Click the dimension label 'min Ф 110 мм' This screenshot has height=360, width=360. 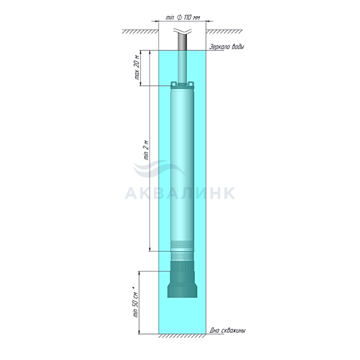[183, 18]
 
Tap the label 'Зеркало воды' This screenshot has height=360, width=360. [227, 47]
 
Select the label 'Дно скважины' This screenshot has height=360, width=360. [227, 331]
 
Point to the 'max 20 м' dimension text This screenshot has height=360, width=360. [137, 67]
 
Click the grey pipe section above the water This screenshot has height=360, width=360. [183, 43]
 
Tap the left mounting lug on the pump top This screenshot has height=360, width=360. [174, 84]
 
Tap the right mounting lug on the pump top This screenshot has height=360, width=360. [191, 84]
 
